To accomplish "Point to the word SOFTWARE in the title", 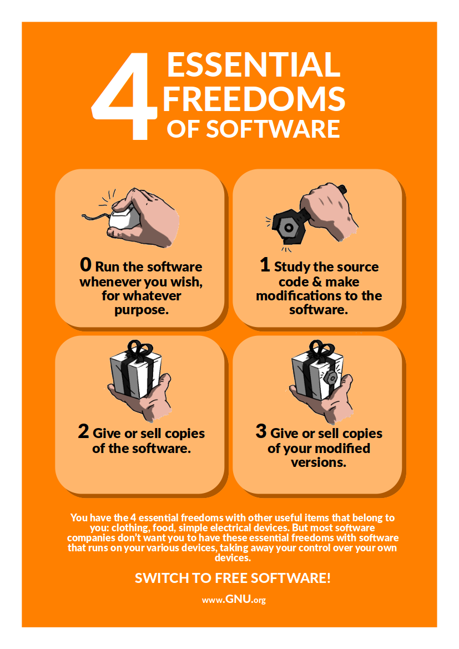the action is (x=273, y=129).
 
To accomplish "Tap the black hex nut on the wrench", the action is (x=288, y=227).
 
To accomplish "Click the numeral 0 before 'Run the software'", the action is (x=85, y=264).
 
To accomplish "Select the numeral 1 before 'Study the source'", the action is (x=265, y=264).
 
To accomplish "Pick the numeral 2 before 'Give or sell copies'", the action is (x=83, y=431).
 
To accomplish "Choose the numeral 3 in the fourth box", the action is (x=261, y=431).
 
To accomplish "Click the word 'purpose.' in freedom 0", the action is (x=142, y=310).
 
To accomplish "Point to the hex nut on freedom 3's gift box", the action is (x=331, y=378).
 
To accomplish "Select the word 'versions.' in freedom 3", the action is (x=319, y=462).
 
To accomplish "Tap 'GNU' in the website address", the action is (x=239, y=599).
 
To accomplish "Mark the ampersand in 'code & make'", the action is (x=317, y=282).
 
